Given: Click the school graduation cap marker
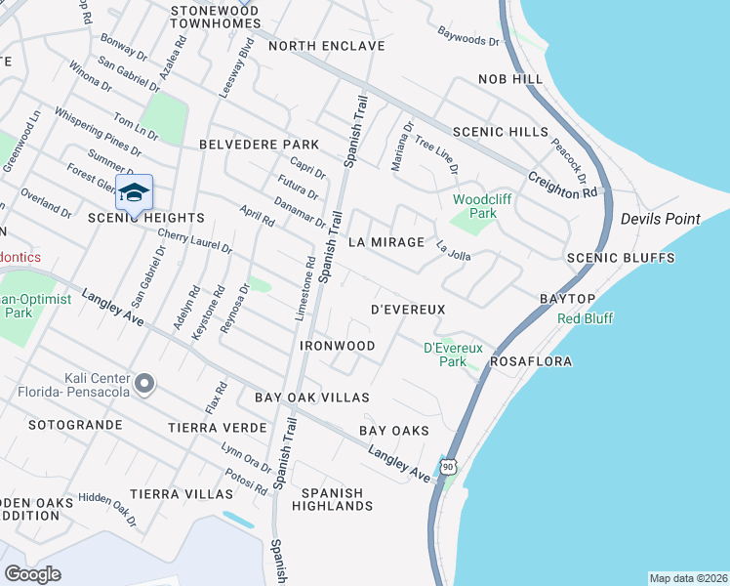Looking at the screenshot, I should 134,192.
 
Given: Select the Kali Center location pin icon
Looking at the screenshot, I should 144,385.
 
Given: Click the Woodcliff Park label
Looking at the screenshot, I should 475,205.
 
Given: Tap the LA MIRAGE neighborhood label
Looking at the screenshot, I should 386,242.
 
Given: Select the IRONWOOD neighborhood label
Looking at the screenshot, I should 337,347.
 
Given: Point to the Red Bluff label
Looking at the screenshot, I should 586,318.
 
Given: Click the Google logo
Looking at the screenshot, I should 32,573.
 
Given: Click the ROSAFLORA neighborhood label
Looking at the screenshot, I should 530,361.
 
